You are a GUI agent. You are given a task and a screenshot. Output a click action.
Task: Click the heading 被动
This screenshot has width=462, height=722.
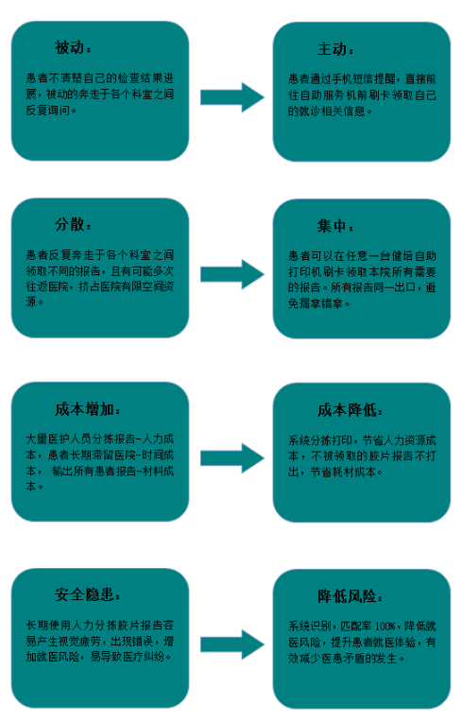[x=70, y=47]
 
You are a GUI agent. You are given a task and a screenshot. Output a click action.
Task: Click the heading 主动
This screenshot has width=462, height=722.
[x=332, y=49]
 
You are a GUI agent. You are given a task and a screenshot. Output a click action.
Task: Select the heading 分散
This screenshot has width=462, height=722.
[x=70, y=225]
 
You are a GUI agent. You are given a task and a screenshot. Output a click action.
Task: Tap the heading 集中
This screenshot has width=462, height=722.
[x=332, y=226]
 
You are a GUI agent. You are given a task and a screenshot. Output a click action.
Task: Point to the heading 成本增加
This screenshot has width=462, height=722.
[x=84, y=409]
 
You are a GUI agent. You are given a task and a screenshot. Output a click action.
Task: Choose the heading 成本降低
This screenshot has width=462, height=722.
[x=347, y=410]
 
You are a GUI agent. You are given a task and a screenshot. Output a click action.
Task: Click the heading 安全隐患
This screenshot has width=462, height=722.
[x=84, y=594]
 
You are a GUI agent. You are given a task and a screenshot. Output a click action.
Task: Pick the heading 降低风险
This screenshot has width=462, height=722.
[x=347, y=596]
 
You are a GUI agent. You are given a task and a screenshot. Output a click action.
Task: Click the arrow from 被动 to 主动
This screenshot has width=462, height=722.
[x=232, y=97]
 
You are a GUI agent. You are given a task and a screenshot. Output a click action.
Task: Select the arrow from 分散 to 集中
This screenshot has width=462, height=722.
[x=232, y=274]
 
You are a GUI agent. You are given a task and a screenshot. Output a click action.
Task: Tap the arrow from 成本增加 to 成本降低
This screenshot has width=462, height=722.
[x=232, y=458]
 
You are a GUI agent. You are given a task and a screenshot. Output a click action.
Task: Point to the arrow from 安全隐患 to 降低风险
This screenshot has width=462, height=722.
[x=232, y=645]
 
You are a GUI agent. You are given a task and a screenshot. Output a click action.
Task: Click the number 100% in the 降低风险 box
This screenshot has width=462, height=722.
[x=385, y=627]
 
